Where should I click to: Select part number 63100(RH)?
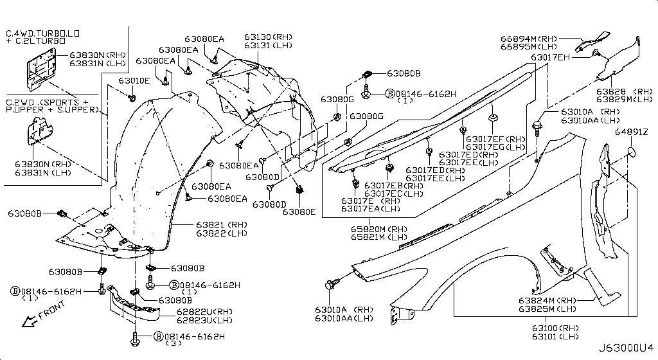tap(555, 328)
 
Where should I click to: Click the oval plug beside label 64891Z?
tap(632, 152)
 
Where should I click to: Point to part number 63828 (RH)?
tap(623, 91)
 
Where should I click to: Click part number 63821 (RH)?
tap(221, 224)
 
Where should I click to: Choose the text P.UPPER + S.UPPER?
tap(49, 110)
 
